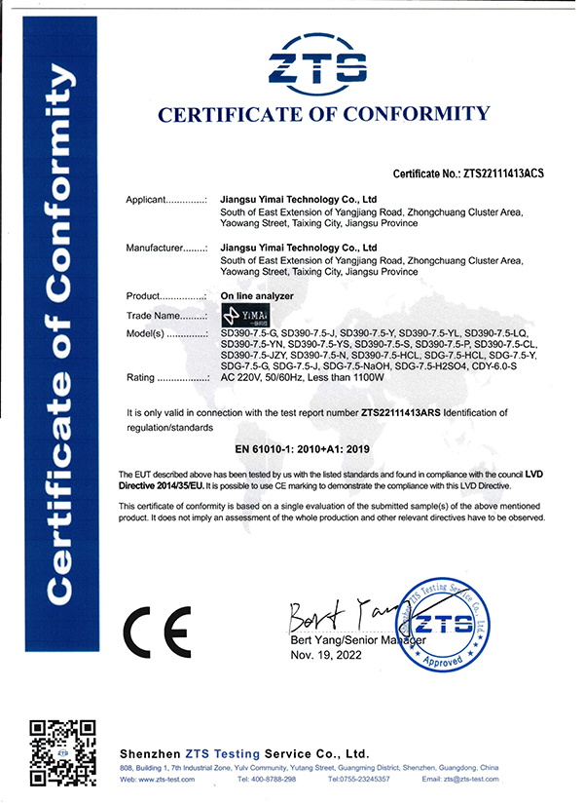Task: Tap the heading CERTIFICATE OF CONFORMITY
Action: point(323,115)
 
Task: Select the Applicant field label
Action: point(166,200)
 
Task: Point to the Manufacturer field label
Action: point(166,249)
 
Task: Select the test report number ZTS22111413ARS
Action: point(400,413)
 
